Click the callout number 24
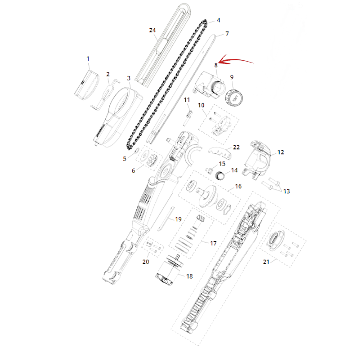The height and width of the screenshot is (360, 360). tap(153, 30)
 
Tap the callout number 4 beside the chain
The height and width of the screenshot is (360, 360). tap(218, 20)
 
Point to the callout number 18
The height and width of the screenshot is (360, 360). tap(189, 276)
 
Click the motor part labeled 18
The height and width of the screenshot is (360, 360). tap(170, 270)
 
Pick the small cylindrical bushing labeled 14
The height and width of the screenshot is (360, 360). tap(220, 175)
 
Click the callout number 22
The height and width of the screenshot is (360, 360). tap(236, 147)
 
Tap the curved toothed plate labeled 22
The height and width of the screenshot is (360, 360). tap(220, 153)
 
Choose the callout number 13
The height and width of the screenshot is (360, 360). tap(287, 191)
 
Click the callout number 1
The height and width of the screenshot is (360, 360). tap(88, 59)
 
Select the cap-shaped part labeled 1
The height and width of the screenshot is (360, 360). tap(87, 85)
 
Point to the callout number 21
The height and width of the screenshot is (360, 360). tap(266, 261)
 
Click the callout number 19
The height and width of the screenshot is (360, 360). tap(178, 219)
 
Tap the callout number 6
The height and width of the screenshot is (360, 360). tap(133, 171)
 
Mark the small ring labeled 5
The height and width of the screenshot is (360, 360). tap(136, 150)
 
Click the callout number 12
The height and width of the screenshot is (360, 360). tap(280, 152)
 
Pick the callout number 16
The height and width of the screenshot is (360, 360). tap(238, 186)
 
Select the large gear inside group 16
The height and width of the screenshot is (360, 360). tap(207, 196)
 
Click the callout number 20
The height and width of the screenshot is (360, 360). tap(146, 261)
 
